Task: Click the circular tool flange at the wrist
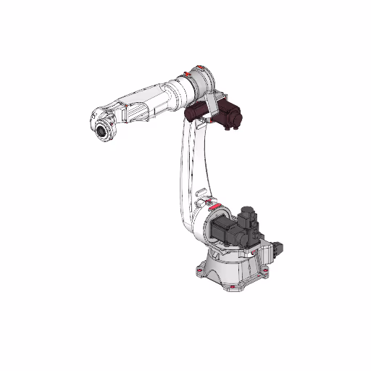pyautogui.click(x=102, y=133)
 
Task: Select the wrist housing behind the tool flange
pyautogui.click(x=110, y=117)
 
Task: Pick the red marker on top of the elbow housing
pyautogui.click(x=196, y=67)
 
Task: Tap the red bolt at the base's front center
pyautogui.click(x=231, y=289)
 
